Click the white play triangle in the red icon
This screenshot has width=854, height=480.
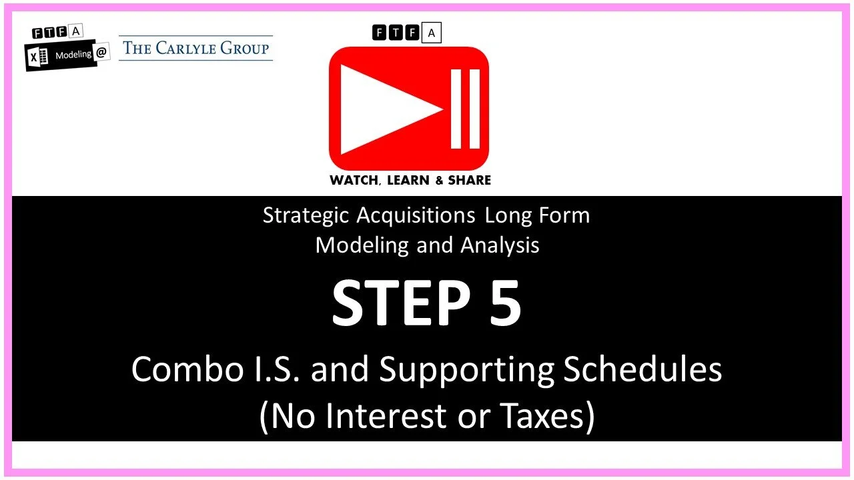click(x=387, y=109)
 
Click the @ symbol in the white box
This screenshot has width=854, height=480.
click(x=101, y=54)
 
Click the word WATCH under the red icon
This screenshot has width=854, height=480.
click(x=354, y=180)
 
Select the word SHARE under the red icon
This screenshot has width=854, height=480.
click(x=469, y=180)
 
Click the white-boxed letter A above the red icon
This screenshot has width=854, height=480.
click(x=432, y=33)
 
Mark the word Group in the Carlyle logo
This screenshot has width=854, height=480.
click(x=246, y=48)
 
